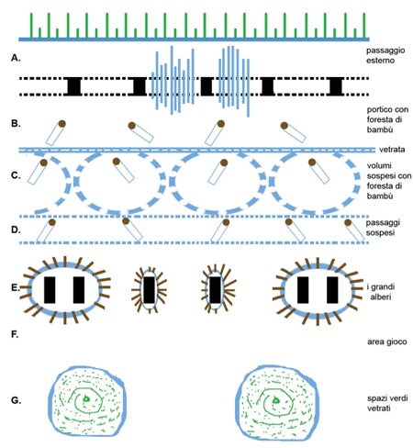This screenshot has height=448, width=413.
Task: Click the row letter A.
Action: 16,58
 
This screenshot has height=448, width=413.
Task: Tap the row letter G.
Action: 16,400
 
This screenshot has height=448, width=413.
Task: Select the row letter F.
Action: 15,335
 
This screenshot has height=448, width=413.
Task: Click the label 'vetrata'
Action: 392,150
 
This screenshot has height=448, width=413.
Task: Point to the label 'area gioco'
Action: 387,342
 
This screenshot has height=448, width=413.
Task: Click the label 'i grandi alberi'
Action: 381,292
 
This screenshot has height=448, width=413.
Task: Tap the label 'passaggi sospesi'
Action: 383,228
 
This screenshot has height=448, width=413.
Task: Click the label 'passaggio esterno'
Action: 385,55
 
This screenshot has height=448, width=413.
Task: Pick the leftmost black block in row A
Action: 73,86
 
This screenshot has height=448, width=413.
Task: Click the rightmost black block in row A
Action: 336,86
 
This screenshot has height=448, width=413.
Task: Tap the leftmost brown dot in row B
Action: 62,124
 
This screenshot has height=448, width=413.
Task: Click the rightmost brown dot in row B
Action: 285,126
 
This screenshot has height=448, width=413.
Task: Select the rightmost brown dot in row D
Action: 348,222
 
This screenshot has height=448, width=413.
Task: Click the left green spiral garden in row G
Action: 86,401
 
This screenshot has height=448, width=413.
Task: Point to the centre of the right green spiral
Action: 276,400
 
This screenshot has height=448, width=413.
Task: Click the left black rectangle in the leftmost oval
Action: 50,290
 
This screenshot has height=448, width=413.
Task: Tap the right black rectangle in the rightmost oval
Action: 332,290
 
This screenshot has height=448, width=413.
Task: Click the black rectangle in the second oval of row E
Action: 149,290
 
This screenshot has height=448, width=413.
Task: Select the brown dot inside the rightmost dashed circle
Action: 312,162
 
